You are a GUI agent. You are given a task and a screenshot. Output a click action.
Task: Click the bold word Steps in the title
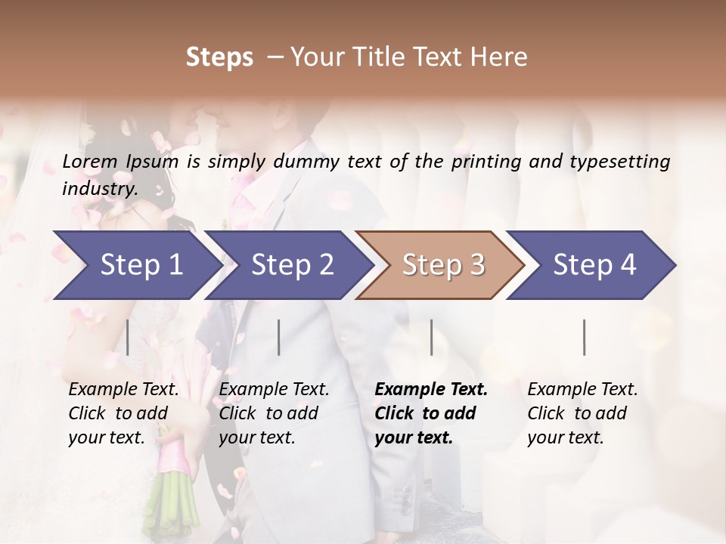(219, 57)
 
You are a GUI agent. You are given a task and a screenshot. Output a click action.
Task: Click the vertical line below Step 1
(128, 337)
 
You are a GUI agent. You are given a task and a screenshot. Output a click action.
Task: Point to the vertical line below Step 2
(279, 337)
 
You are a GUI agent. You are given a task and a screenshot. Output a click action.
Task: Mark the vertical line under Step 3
(432, 337)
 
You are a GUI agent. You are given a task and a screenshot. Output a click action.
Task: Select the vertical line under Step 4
(585, 337)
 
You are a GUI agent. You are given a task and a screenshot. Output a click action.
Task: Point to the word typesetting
(622, 162)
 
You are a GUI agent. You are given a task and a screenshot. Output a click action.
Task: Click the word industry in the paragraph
(99, 189)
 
